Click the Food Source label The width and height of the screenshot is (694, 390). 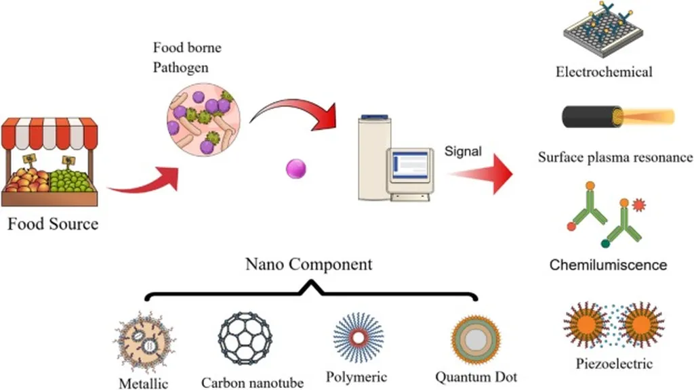pyautogui.click(x=53, y=223)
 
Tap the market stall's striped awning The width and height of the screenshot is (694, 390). pyautogui.click(x=49, y=133)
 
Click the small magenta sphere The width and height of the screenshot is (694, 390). pyautogui.click(x=296, y=169)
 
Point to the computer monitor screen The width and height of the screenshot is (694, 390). pyautogui.click(x=408, y=165)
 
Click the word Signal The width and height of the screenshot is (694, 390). pyautogui.click(x=463, y=151)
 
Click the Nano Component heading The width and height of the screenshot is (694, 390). pyautogui.click(x=308, y=264)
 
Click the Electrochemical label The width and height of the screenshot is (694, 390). pyautogui.click(x=604, y=72)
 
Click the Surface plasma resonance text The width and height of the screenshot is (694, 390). pyautogui.click(x=615, y=158)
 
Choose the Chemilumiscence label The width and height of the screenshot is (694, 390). pyautogui.click(x=608, y=265)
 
